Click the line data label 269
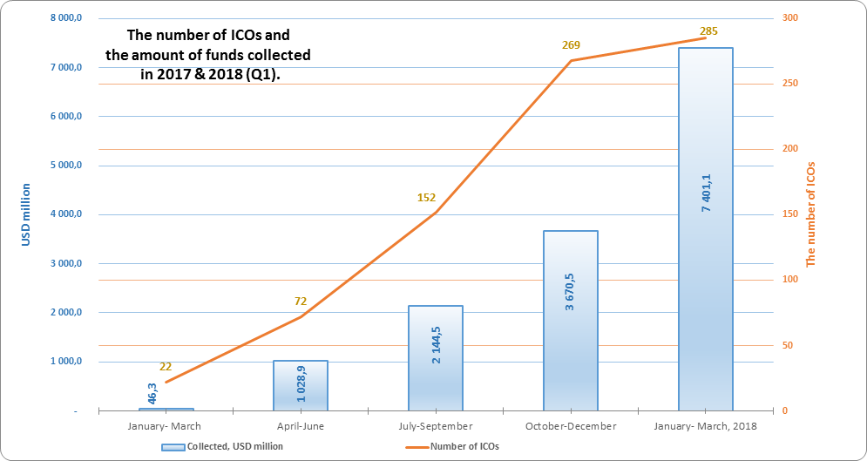tap(572, 45)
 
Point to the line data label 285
tap(708, 31)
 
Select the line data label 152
tap(426, 198)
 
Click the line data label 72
tap(301, 302)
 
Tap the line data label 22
tap(166, 367)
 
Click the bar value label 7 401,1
tap(707, 192)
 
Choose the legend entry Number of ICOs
tap(461, 446)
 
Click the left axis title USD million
tap(26, 214)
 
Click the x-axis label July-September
tap(435, 426)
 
